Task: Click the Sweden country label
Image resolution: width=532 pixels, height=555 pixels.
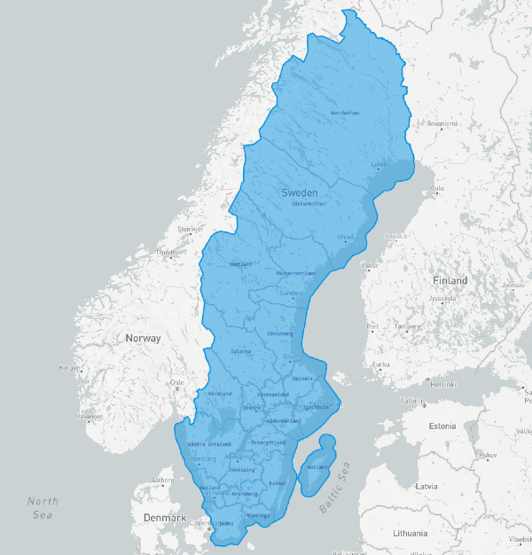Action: pos(300,192)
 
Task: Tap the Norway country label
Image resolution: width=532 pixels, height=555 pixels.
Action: pos(143,338)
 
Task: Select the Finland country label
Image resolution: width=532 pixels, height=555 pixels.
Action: pos(450,280)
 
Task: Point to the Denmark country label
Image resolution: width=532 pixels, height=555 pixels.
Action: pos(165,518)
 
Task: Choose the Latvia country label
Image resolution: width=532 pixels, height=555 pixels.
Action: pos(426,486)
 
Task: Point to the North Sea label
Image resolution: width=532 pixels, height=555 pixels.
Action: pos(43,507)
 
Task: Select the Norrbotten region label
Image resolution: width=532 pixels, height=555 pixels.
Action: pos(345,113)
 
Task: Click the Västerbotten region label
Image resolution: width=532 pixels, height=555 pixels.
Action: pos(309,204)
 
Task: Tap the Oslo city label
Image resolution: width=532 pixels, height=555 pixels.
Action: pos(176,382)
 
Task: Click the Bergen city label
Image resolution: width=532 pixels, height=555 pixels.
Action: pos(69,367)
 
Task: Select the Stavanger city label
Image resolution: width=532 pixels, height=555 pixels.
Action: pos(89,415)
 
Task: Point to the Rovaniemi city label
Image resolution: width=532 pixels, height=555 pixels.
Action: pos(444,124)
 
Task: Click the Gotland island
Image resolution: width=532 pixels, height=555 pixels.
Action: pos(315,465)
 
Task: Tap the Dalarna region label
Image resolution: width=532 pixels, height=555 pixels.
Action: pos(240,351)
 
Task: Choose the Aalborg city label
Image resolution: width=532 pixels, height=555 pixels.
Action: pos(163,481)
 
